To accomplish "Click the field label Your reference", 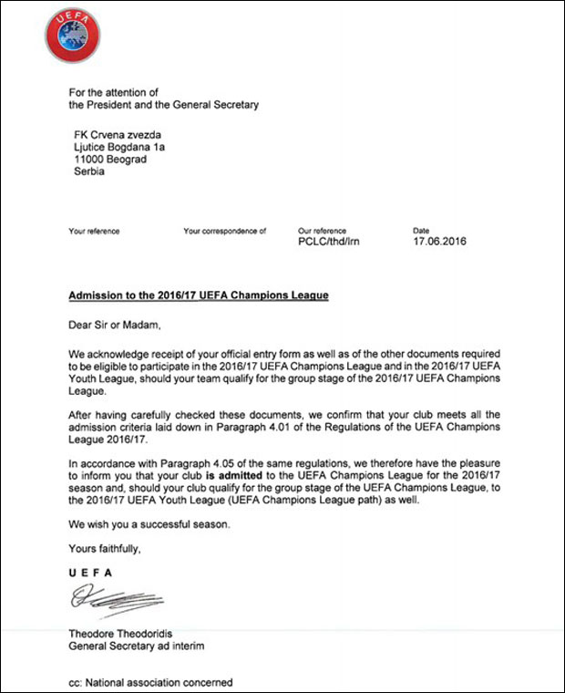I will point(94,232).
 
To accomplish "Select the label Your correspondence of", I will point(224,232).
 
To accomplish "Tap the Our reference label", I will point(322,232).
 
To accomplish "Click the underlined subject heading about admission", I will point(198,296).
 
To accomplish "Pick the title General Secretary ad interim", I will point(137,646).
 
